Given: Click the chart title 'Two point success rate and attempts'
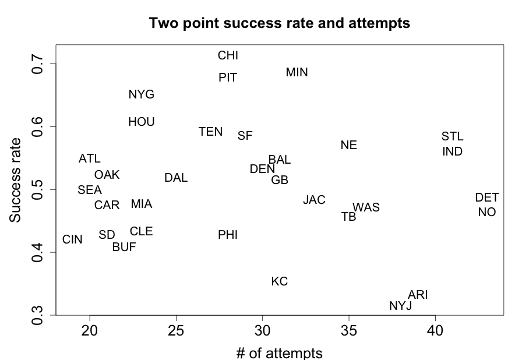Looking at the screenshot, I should pos(280,24).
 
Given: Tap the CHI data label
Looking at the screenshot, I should pos(228,56).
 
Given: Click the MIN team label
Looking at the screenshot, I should pos(297,73).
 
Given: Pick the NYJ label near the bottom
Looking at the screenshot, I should pos(400,306).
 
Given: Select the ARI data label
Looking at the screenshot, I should pos(418,295).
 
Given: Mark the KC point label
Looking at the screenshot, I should pos(280,282).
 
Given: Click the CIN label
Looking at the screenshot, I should pos(72,240).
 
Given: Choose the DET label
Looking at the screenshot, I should pos(486,198).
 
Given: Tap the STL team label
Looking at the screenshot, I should pos(452,137).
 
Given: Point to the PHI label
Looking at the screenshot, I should pos(228,235).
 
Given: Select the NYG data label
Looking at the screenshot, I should pos(142,95).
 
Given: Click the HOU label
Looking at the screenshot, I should pos(142,122).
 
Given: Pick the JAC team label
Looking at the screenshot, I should pos(314,200).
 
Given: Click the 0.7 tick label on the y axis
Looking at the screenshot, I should pos(37,63).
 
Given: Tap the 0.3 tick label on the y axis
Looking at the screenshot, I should pos(37,315).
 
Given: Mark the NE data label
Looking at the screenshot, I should pos(348,146).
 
